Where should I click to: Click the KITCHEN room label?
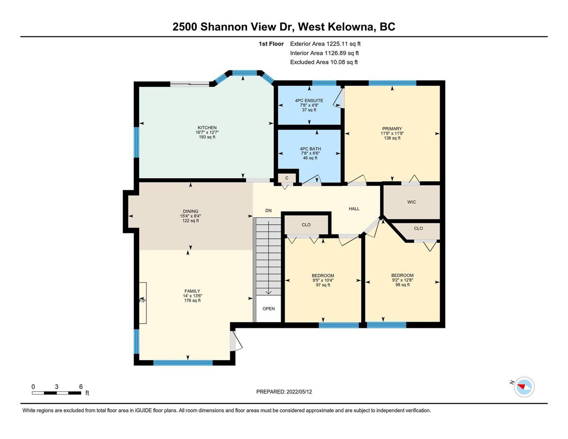(207, 128)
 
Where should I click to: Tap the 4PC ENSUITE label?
(309, 100)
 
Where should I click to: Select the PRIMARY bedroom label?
(392, 129)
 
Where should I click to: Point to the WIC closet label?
(411, 202)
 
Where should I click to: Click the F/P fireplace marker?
(143, 301)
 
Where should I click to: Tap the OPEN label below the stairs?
(268, 309)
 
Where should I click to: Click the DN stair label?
(268, 210)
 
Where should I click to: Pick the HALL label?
(354, 209)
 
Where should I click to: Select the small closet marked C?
(287, 178)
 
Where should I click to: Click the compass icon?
(524, 387)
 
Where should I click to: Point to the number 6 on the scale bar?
(81, 386)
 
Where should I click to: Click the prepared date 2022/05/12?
(299, 392)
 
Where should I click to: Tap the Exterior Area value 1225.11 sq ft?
(343, 44)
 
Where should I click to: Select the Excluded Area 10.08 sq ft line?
(324, 62)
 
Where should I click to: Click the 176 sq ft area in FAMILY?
(192, 300)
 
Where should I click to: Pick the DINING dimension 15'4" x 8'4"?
(191, 216)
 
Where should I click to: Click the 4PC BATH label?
(310, 149)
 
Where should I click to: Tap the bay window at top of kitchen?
(245, 73)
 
